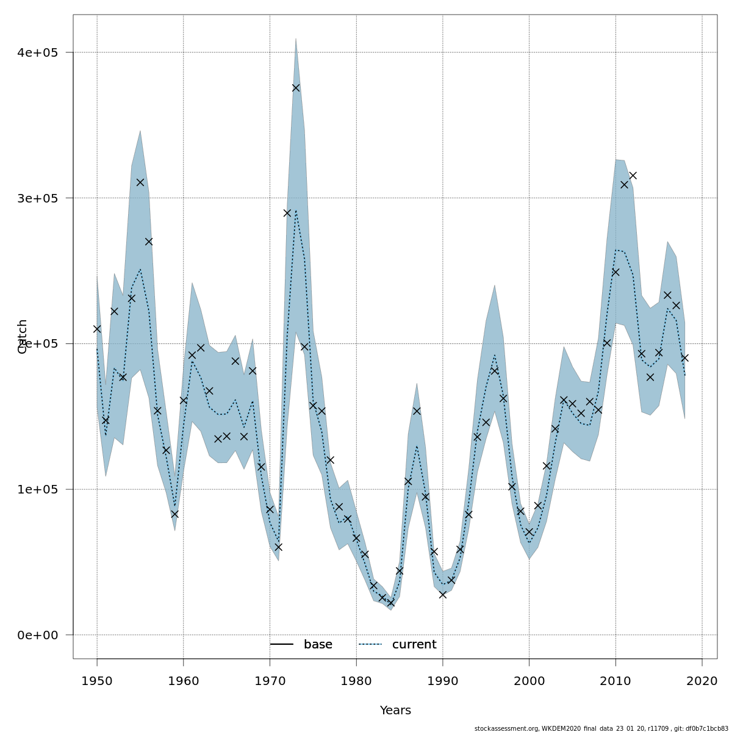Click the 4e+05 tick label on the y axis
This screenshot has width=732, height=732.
(38, 52)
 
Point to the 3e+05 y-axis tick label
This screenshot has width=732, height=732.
(38, 198)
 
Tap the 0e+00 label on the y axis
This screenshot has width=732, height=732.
(38, 635)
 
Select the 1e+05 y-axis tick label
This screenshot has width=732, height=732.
(38, 489)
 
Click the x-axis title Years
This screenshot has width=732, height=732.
(395, 711)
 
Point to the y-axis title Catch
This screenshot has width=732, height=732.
(23, 336)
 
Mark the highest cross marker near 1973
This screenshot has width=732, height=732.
(296, 88)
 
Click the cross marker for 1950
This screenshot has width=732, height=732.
(97, 329)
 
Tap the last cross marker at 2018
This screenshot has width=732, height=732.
(684, 358)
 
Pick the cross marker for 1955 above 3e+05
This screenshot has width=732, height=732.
(140, 182)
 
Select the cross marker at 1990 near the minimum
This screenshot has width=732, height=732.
(443, 595)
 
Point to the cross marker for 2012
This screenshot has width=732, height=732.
(633, 176)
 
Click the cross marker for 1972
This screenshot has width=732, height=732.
(287, 213)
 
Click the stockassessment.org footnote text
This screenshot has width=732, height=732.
(601, 728)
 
